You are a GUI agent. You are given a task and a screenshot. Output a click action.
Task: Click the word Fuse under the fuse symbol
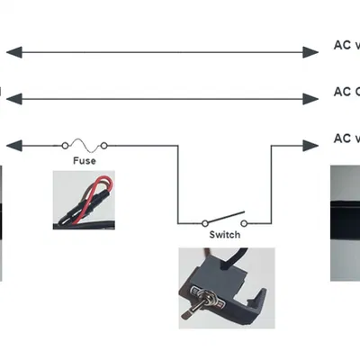(84, 161)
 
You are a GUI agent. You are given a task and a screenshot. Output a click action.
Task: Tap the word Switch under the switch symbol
(224, 235)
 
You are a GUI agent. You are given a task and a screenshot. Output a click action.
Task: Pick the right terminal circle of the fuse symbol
(104, 144)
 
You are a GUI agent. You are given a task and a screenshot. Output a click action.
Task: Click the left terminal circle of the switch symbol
(204, 221)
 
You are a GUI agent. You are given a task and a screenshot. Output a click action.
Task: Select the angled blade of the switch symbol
(224, 217)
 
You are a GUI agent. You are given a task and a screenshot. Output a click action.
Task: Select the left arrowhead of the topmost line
(13, 52)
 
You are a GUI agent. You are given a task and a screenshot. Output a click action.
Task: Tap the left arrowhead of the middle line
(13, 97)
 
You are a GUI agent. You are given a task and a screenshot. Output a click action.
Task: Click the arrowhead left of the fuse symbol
(13, 144)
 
